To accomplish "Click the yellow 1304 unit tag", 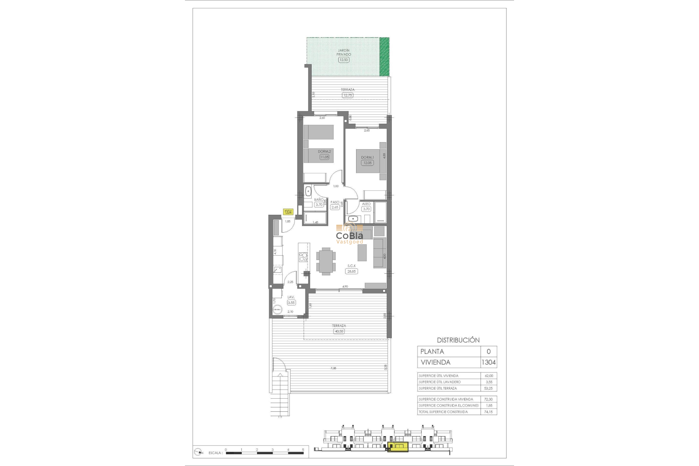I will (x=288, y=212).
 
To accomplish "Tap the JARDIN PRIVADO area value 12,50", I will (x=343, y=60).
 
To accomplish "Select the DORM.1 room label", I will (x=367, y=157).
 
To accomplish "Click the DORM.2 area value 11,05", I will (x=324, y=157).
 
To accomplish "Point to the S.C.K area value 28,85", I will (x=351, y=271).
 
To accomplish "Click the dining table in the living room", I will (x=326, y=260).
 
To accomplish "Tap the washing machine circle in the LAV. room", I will (x=277, y=309).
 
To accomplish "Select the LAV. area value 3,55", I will (x=291, y=303).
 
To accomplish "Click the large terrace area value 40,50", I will (x=339, y=331).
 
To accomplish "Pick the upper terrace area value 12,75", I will (x=347, y=95).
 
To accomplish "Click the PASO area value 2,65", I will (x=335, y=207).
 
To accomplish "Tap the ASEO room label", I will (x=366, y=204).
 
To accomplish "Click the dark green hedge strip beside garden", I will (x=384, y=57).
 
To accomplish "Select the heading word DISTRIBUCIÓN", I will (x=458, y=340).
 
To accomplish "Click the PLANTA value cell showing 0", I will (x=489, y=351).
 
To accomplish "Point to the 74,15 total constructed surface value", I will (x=488, y=412).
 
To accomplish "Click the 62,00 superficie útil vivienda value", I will (x=489, y=376).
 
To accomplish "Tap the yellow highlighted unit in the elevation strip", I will (x=398, y=447).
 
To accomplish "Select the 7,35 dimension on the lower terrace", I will (x=333, y=368).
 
